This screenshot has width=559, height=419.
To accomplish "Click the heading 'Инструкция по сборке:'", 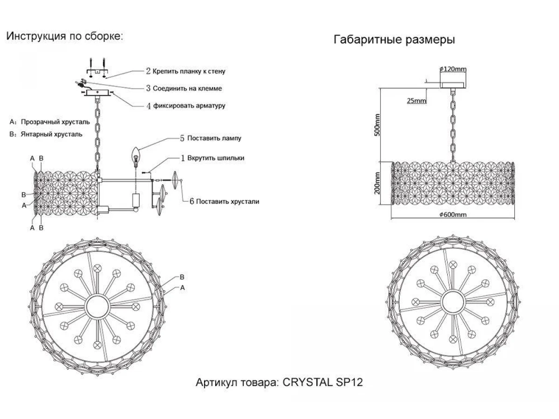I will pos(65,37).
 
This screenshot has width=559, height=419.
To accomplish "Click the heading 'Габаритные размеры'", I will pos(394,40).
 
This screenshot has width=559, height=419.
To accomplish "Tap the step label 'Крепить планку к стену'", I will pos(189,71).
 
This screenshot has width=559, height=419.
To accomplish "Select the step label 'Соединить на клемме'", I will pos(187,88).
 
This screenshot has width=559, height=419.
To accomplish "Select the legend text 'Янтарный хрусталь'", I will pos(52,135).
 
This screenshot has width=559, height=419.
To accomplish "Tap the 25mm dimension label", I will pos(416,101).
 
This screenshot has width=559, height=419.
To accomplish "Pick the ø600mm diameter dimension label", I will pos(453,215).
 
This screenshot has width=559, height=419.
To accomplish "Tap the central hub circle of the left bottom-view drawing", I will pos(97,306).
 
